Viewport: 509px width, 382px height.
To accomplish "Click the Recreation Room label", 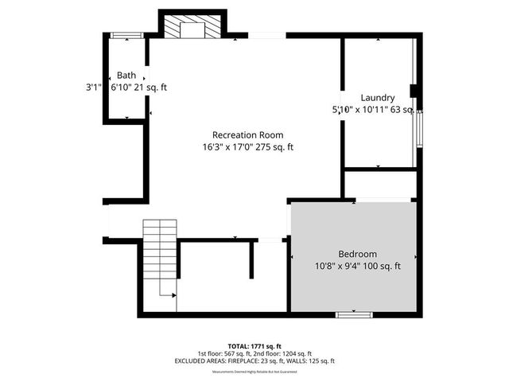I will coord(247,134).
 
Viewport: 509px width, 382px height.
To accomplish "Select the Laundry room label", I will coord(378,98).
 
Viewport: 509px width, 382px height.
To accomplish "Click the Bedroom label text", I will coord(357,254).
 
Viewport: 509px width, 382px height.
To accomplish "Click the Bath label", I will coord(126,75).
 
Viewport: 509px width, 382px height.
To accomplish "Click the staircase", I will coord(160,255).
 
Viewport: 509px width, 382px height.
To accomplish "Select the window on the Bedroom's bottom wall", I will coord(354,315).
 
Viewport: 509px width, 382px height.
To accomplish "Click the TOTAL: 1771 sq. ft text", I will coord(254,345).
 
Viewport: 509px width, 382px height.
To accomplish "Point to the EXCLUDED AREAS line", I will coord(254,361).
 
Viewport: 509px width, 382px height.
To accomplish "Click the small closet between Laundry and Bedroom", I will coord(380,184).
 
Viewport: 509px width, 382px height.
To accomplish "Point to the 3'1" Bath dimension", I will coord(95,88).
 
